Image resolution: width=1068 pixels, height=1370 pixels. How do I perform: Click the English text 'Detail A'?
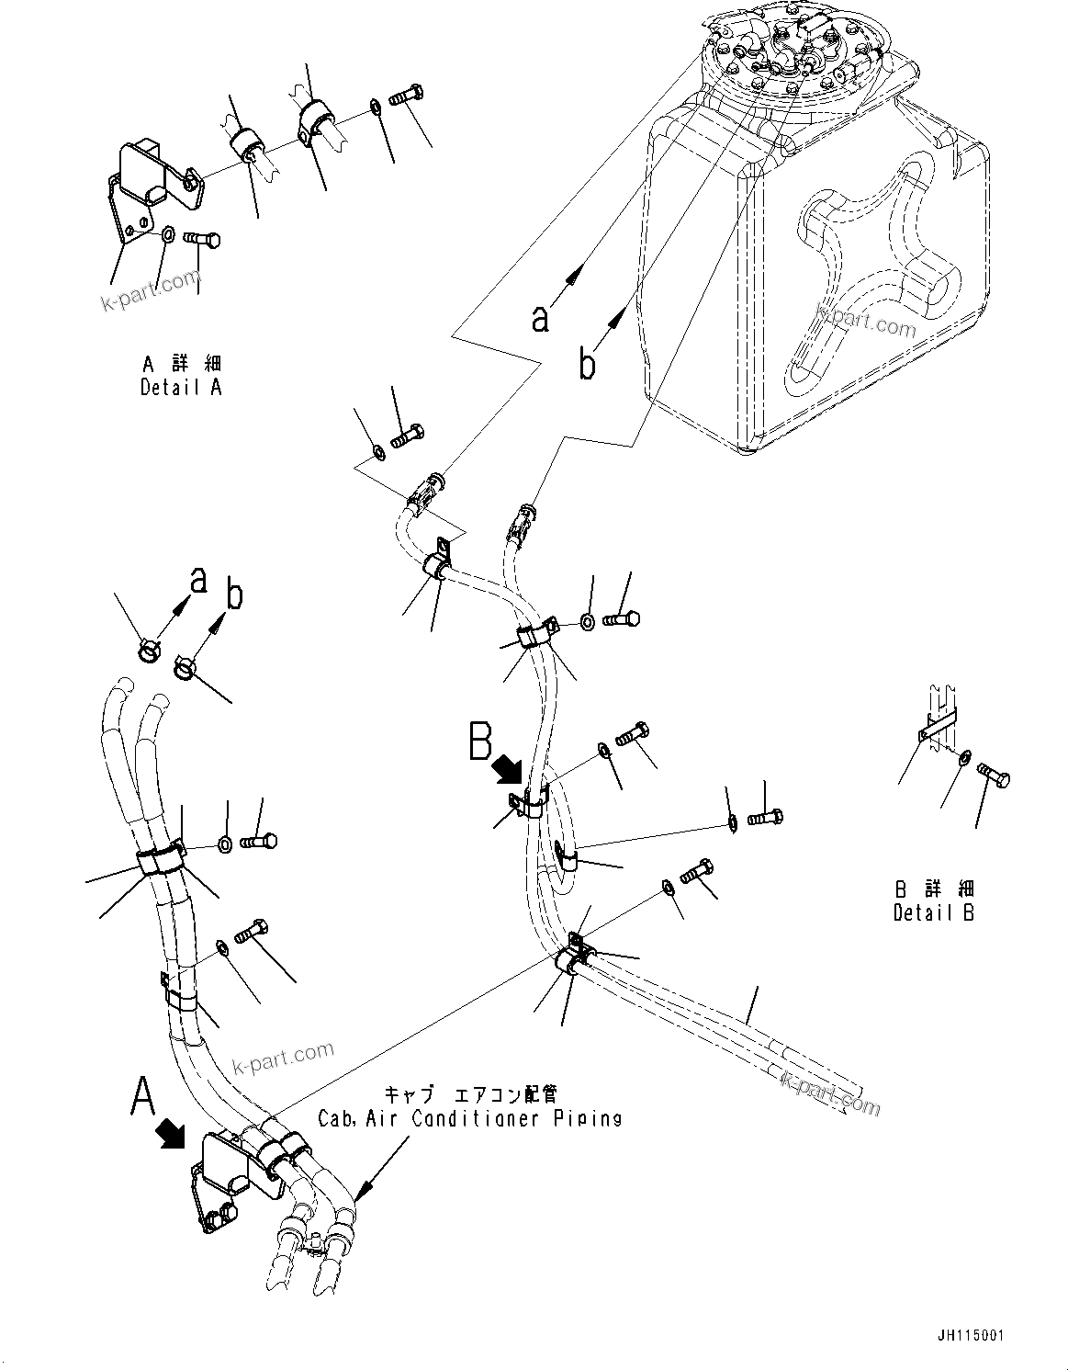pos(181,387)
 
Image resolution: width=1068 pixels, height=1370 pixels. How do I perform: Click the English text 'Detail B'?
pos(934,912)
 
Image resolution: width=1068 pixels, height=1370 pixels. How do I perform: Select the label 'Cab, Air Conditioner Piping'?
pos(469,1118)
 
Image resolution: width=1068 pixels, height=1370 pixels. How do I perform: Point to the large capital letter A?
pos(142,1096)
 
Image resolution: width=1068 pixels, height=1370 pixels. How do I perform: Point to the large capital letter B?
pos(480,742)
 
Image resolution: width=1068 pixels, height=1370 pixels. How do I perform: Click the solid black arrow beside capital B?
pos(507,768)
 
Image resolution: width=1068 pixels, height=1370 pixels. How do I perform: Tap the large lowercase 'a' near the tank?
pos(541,318)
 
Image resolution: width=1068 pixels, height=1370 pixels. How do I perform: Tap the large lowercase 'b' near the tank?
pos(587,364)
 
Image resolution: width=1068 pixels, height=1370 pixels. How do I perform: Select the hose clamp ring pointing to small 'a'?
pos(148,651)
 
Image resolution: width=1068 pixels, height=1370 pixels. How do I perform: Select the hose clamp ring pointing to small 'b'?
pos(185,666)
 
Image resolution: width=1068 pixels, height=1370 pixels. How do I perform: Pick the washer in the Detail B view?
pos(963,758)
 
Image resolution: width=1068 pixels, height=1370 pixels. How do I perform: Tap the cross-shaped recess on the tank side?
pos(872,276)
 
